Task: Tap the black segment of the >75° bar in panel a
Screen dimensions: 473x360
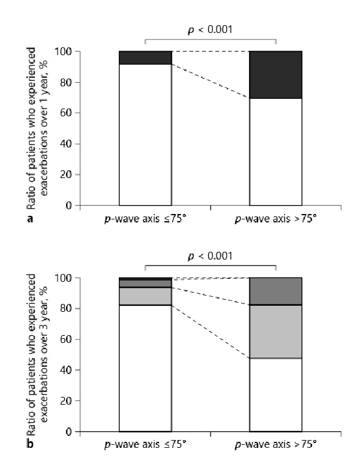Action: coord(275,74)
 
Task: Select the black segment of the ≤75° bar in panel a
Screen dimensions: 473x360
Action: coord(145,58)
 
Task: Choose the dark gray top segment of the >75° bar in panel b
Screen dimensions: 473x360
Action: coord(275,291)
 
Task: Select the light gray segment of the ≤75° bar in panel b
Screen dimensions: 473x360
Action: coord(145,296)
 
